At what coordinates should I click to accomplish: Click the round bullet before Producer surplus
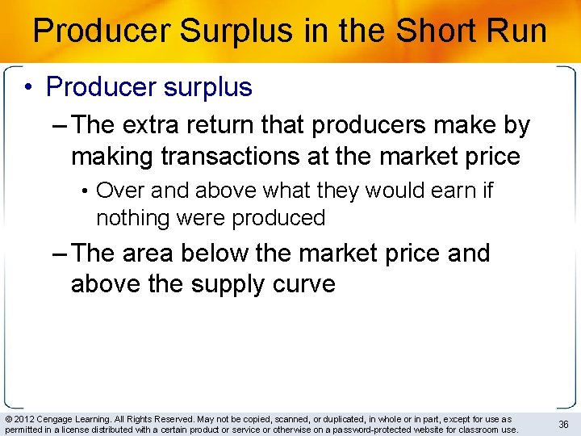[x=29, y=87]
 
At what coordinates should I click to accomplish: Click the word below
[x=213, y=253]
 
